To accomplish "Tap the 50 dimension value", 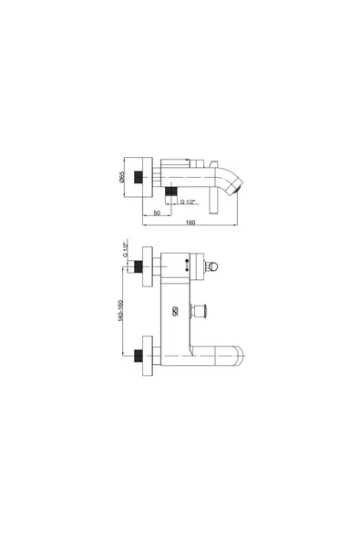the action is click(157, 213).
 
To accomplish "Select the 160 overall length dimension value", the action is click(190, 223).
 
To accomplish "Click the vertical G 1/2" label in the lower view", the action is click(126, 250).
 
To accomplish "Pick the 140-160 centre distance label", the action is click(120, 311).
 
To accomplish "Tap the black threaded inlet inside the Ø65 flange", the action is click(139, 177).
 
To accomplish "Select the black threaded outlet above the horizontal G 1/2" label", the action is click(171, 192).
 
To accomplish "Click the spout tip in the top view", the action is click(237, 189).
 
